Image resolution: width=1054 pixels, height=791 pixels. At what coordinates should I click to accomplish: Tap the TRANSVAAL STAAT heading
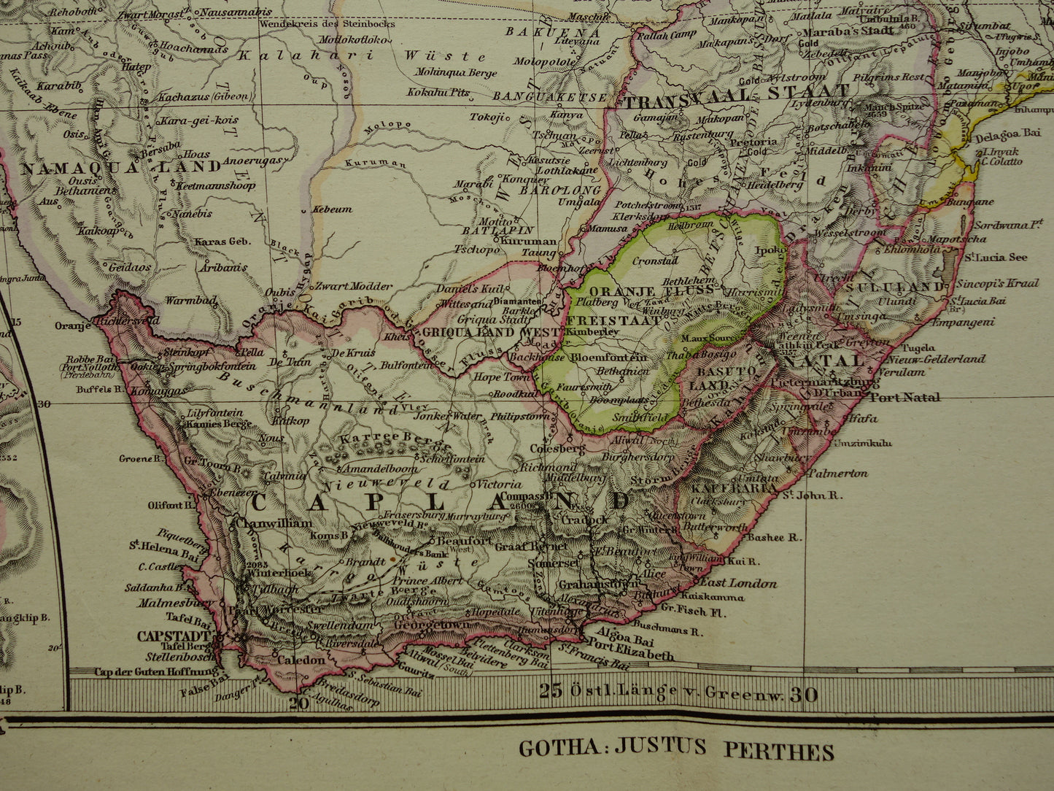coord(736,92)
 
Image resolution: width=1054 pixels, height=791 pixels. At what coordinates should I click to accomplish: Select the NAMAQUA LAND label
coord(120,166)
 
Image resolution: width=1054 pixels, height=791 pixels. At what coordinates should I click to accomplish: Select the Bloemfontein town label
coord(608,358)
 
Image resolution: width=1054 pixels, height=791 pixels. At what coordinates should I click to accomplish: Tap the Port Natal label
coord(904,398)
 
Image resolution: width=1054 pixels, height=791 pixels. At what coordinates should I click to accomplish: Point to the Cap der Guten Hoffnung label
coord(156,672)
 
